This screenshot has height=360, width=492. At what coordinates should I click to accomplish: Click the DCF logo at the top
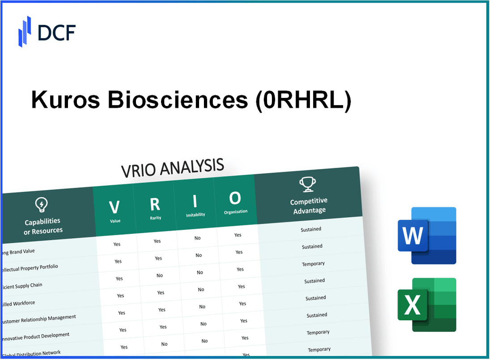coord(47,31)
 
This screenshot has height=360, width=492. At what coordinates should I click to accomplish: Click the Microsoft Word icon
coord(427,235)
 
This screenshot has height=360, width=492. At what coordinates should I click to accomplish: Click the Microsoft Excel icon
coord(427,305)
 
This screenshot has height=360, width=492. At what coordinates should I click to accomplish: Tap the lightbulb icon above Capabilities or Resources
coord(41,205)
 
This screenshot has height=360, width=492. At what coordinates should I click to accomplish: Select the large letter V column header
coord(115,207)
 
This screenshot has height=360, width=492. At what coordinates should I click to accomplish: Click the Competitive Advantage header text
coord(309,206)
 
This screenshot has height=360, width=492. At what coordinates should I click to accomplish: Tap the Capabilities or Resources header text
coord(43,226)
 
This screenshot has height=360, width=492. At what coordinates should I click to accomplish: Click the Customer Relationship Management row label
coord(39,319)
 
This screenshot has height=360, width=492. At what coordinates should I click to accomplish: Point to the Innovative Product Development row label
coord(37,336)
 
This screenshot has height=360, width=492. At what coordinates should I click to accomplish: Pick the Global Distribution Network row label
coord(32,354)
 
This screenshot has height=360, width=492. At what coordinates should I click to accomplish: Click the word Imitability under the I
coord(195,215)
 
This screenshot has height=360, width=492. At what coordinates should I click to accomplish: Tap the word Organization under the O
coord(236,212)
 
